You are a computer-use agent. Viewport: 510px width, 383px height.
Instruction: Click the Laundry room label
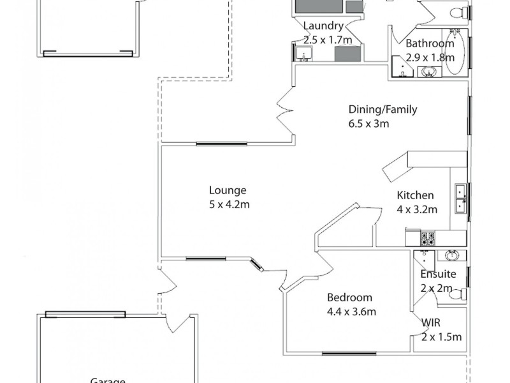(x=323, y=26)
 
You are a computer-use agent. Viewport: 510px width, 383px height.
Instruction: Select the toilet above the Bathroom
(x=456, y=11)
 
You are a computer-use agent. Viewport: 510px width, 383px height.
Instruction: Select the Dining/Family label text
(x=382, y=109)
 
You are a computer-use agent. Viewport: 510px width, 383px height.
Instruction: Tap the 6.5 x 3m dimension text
(x=368, y=124)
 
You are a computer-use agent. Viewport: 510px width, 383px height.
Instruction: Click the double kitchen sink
(x=460, y=199)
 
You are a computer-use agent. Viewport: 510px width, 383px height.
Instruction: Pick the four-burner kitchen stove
(x=427, y=239)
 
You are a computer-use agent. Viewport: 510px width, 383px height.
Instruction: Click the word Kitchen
(x=415, y=195)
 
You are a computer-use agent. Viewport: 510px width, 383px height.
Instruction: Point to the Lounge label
(x=228, y=190)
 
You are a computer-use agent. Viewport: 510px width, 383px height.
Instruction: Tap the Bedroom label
(x=349, y=297)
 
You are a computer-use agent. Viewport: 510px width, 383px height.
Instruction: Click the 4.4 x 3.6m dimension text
(x=351, y=312)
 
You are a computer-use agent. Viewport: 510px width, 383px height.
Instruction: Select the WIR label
(x=432, y=323)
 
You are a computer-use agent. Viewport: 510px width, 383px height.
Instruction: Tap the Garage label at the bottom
(x=107, y=380)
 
